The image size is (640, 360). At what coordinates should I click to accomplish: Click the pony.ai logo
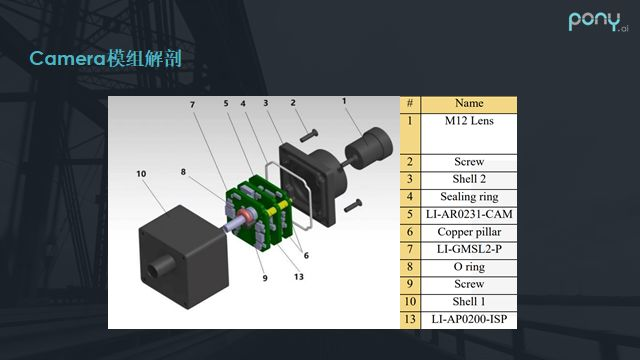[598, 22]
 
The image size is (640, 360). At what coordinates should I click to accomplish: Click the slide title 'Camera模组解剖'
[105, 58]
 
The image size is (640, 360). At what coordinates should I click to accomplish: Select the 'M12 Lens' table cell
[469, 133]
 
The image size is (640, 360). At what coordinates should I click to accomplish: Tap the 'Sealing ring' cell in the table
[469, 197]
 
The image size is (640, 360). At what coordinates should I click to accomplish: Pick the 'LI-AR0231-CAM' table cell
[469, 215]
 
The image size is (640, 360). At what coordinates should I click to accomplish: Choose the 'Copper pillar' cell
[469, 232]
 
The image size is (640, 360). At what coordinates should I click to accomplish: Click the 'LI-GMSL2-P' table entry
[469, 249]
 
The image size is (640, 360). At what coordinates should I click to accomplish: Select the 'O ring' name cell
[469, 267]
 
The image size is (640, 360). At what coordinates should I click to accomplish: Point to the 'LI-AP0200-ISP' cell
[469, 320]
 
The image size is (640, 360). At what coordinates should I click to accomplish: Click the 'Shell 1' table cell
[469, 302]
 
